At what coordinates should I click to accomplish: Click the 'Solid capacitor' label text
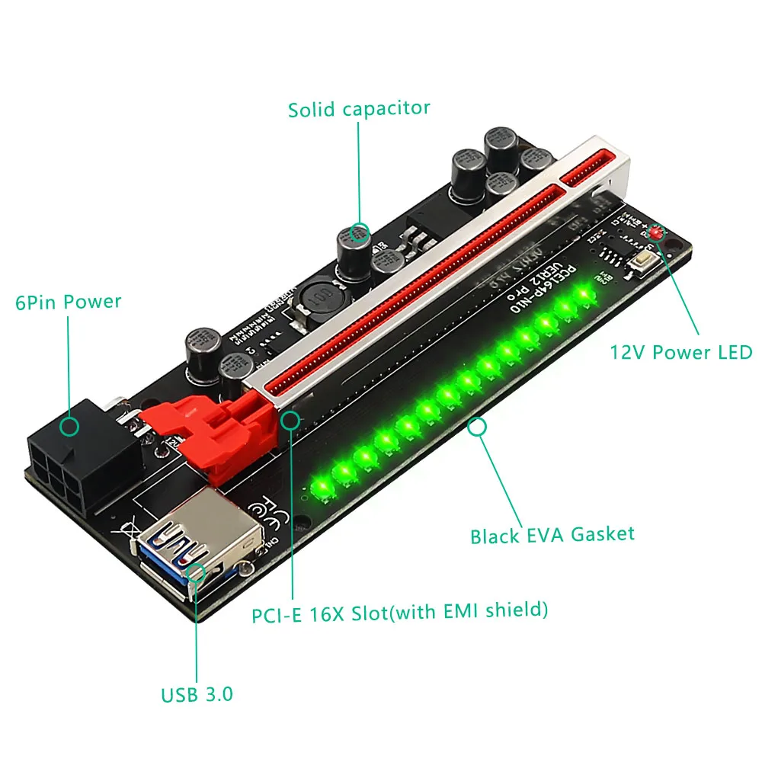359,108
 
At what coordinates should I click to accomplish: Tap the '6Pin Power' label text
69,302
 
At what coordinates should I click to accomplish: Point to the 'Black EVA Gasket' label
552,534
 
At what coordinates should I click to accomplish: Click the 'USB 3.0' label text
197,695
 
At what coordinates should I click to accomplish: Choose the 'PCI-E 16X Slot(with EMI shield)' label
400,611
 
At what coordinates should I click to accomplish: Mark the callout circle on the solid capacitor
359,231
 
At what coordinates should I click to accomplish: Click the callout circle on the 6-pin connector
69,426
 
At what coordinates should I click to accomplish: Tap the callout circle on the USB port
197,572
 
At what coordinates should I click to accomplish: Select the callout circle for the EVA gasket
478,427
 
